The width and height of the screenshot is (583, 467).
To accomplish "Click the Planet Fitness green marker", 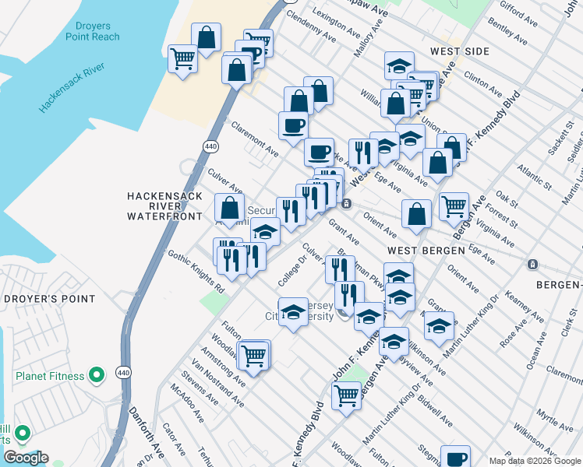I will pyautogui.click(x=97, y=377).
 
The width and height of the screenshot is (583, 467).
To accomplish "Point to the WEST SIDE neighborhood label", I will pyautogui.click(x=459, y=51).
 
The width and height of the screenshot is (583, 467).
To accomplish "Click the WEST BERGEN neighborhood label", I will pyautogui.click(x=422, y=251).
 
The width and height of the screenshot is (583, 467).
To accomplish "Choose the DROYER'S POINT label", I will pyautogui.click(x=48, y=299).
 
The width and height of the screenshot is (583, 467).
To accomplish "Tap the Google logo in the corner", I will pyautogui.click(x=26, y=458).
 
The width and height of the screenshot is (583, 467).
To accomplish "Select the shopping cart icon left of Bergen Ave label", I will pyautogui.click(x=454, y=205).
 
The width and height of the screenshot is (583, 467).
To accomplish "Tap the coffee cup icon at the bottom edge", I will pyautogui.click(x=455, y=458).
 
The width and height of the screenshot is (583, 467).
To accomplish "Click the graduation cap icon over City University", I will pyautogui.click(x=293, y=312).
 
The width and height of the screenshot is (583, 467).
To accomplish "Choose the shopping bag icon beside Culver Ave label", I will pyautogui.click(x=229, y=208).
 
